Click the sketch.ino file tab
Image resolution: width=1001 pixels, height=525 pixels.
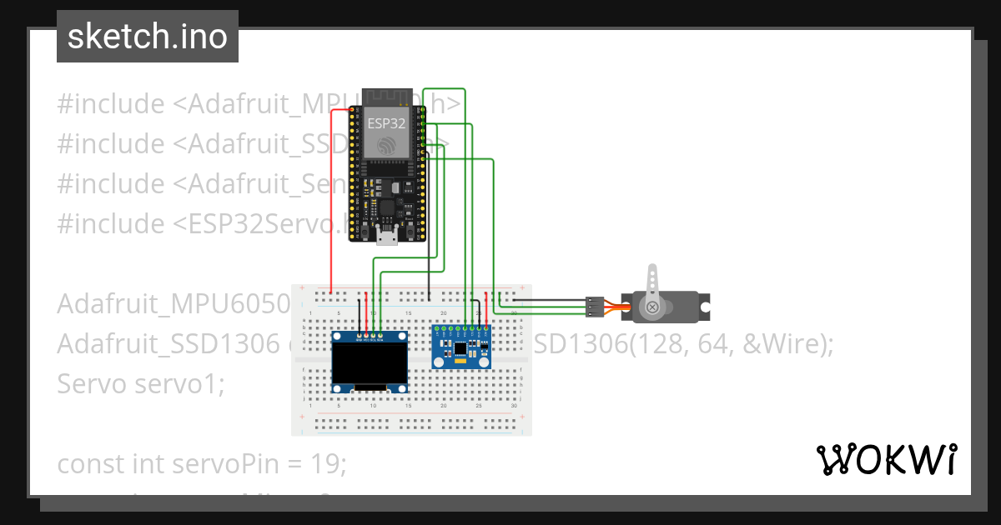coord(148,37)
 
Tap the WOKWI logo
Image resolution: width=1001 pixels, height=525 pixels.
coord(886,459)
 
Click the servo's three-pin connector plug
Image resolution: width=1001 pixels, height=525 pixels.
coord(594,307)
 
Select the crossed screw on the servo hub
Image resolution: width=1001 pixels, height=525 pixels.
coord(652,307)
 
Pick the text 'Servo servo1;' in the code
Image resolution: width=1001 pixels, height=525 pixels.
coord(140,384)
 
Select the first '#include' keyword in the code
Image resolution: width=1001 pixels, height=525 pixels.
coord(111,104)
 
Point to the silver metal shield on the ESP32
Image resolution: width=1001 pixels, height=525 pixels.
coord(389,133)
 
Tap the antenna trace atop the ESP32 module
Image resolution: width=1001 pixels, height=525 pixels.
coord(389,97)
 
